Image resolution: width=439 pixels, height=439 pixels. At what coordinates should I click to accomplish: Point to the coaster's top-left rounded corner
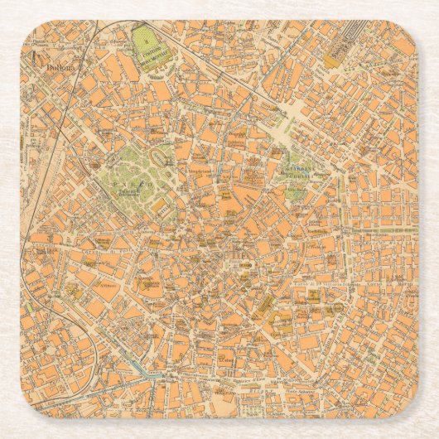[x=30, y=30]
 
